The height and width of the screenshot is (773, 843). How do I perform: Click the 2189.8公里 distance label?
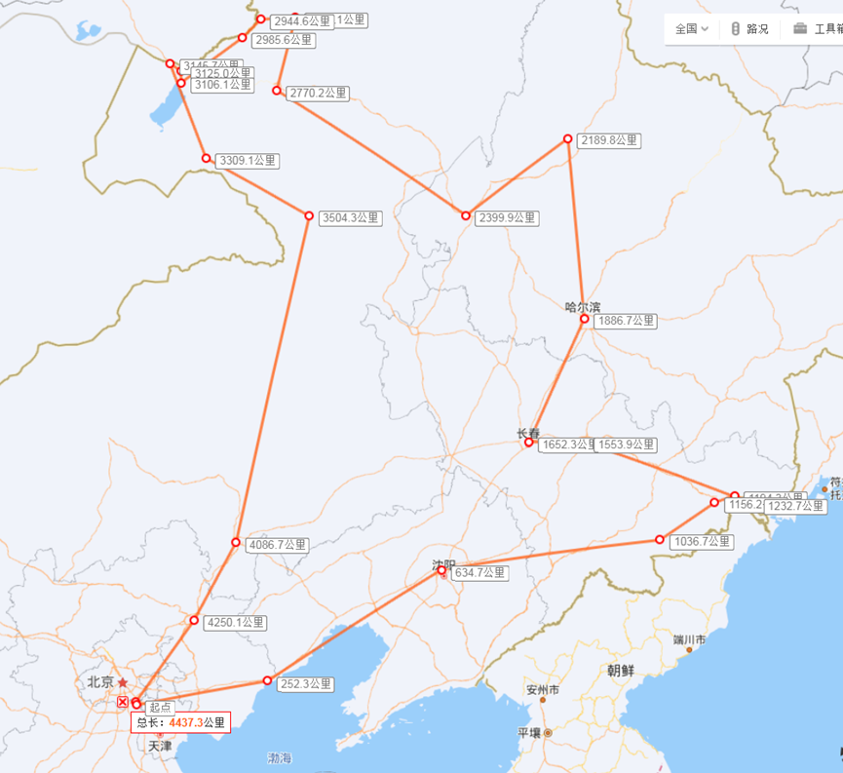click(x=610, y=140)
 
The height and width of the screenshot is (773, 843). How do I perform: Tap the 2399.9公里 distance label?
click(x=507, y=217)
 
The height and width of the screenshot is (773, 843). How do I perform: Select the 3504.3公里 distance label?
click(x=351, y=218)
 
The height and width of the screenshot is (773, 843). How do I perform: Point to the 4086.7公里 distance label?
click(x=278, y=545)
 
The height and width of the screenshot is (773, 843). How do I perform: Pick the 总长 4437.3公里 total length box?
click(x=181, y=722)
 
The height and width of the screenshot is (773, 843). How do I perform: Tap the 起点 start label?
click(x=160, y=707)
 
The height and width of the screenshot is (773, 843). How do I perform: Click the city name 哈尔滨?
click(x=583, y=306)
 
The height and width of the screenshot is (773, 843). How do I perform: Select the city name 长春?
click(x=528, y=433)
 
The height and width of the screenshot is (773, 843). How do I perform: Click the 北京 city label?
click(x=100, y=682)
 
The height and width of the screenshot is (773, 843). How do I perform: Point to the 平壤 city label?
click(x=529, y=732)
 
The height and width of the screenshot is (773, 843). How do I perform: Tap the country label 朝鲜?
click(x=620, y=671)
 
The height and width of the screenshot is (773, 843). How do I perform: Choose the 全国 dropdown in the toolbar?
click(x=692, y=29)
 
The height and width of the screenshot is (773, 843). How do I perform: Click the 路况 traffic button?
click(x=749, y=29)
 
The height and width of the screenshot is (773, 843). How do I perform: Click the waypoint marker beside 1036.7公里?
click(x=660, y=540)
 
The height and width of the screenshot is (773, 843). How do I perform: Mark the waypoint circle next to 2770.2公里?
click(x=277, y=91)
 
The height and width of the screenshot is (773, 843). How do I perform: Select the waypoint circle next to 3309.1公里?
click(x=206, y=158)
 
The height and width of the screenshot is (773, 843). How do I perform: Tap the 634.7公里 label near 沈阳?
click(x=479, y=573)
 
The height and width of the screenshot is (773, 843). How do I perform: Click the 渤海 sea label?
click(x=280, y=757)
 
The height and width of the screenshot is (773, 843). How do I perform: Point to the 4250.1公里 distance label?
click(x=235, y=622)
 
